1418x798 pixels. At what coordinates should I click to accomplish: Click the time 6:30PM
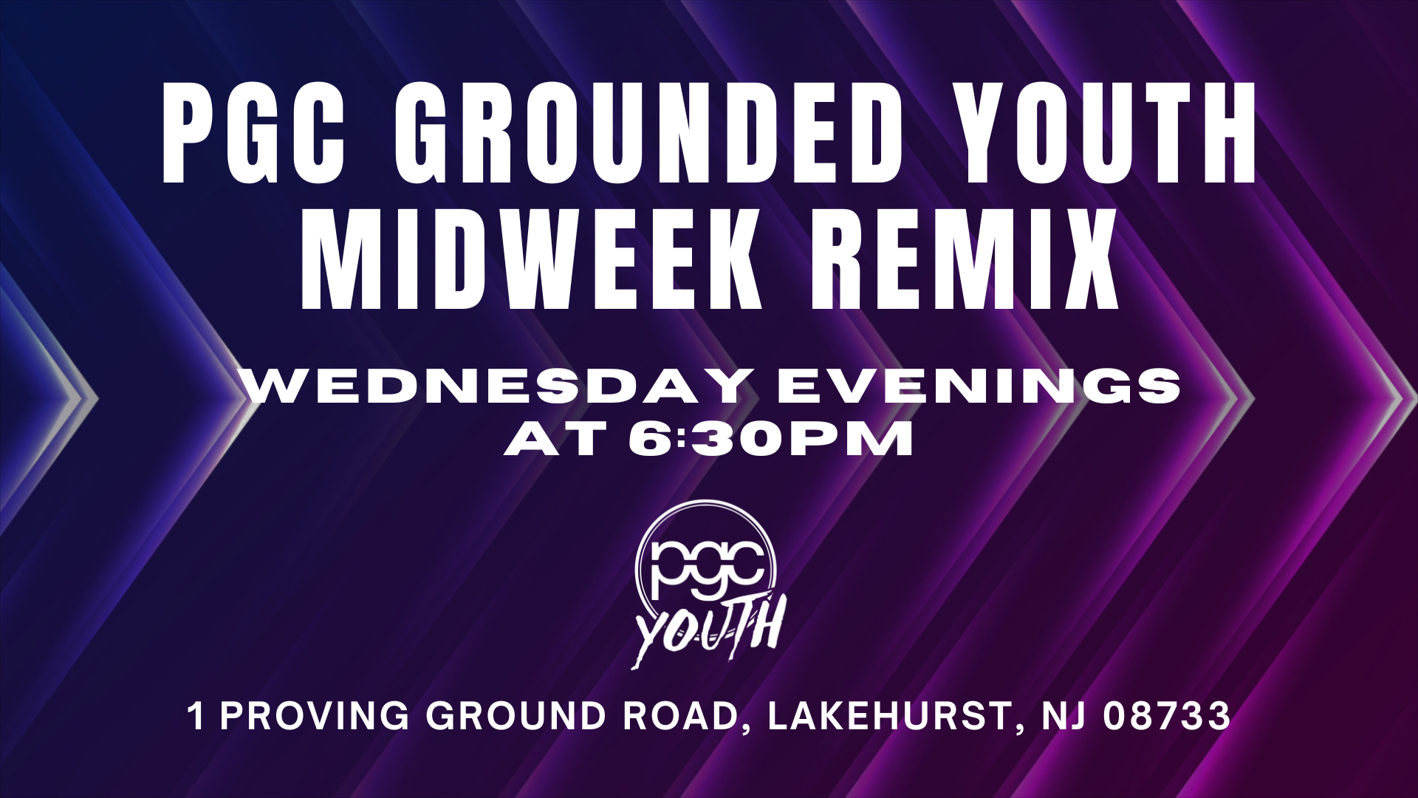pyautogui.click(x=770, y=441)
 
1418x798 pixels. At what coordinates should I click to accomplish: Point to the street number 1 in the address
pyautogui.click(x=196, y=716)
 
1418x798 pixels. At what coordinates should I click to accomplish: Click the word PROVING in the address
pyautogui.click(x=315, y=716)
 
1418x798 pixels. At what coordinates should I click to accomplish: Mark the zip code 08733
pyautogui.click(x=1166, y=716)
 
